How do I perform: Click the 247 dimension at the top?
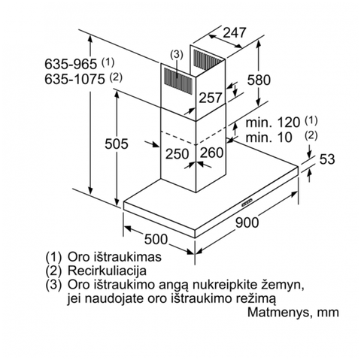235,33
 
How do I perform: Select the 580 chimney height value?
259,80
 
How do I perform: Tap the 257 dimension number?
211,98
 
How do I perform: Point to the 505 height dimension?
117,144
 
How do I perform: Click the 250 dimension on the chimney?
177,153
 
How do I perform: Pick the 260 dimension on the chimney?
211,153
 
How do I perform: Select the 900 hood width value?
247,222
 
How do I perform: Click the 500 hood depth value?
156,239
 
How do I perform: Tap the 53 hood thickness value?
327,159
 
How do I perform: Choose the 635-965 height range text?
71,64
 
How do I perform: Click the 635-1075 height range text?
74,79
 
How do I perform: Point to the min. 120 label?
273,123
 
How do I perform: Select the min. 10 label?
268,138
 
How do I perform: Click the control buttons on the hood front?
247,202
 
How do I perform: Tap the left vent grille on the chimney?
178,80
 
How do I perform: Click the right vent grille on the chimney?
208,59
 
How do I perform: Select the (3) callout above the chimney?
177,54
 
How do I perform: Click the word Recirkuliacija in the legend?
107,271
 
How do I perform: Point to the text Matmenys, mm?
293,312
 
